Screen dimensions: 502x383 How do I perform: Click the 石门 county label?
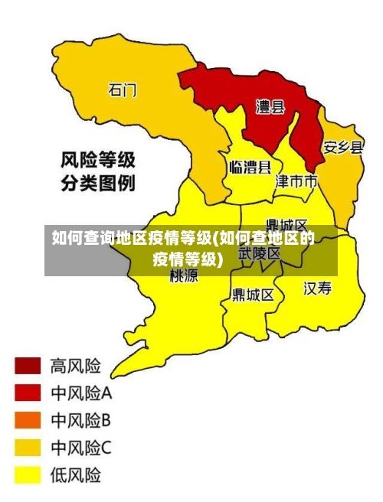tap(123, 90)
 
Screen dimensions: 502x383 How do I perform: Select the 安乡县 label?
tap(342, 148)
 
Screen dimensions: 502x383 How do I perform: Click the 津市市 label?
tap(296, 182)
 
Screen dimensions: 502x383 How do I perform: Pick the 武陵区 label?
tap(260, 253)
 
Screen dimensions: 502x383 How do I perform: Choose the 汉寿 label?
tap(318, 288)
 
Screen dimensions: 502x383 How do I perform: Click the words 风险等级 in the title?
tap(98, 161)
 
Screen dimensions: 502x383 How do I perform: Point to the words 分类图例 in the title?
tap(98, 184)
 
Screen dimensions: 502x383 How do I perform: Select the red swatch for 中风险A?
tap(27, 393)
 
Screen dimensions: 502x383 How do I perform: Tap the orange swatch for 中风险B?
tap(27, 420)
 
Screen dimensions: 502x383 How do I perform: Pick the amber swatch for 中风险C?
tap(27, 447)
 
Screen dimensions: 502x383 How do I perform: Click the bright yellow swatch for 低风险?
tap(27, 474)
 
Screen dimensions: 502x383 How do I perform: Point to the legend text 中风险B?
tap(81, 420)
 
